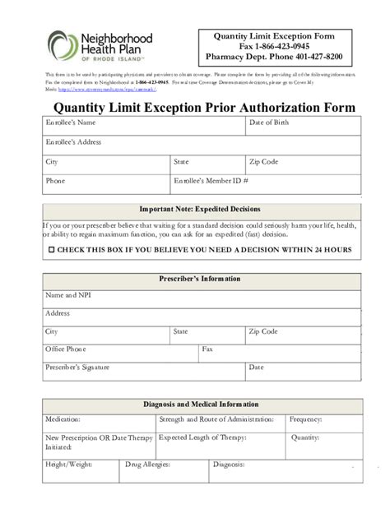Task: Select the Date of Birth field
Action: [302, 126]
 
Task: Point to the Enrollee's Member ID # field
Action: [264, 182]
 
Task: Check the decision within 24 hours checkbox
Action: [53, 248]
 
